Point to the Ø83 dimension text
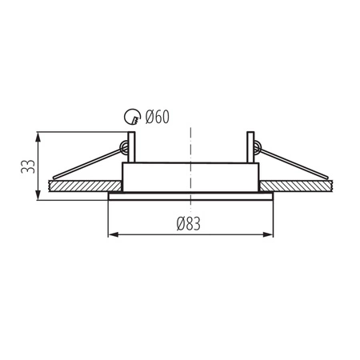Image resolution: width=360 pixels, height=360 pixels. [190, 224]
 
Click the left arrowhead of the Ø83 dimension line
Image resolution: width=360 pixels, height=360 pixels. [112, 234]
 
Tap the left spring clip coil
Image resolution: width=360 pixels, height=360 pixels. [124, 146]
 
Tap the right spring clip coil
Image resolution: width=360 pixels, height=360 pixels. [256, 146]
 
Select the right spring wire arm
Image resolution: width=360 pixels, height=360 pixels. [296, 163]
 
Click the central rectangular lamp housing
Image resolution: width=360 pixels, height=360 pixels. [190, 178]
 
